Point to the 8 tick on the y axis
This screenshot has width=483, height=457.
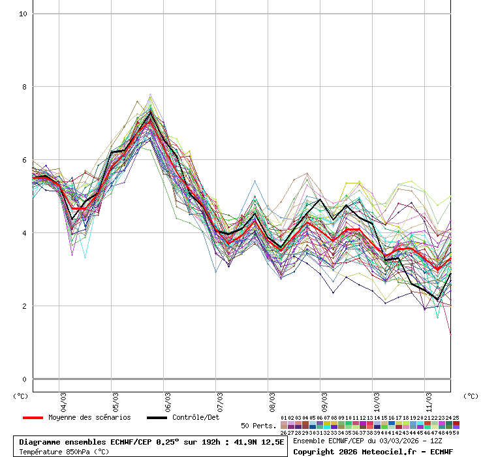click(x=24, y=87)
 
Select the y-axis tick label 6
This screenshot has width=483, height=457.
click(x=24, y=160)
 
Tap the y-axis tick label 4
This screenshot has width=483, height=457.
click(x=24, y=233)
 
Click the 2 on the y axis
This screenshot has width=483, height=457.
click(x=24, y=306)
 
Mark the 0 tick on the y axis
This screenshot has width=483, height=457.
click(x=24, y=379)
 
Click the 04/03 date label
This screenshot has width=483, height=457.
click(x=63, y=400)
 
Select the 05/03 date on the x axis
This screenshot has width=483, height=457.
click(x=116, y=400)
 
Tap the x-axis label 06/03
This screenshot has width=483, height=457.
click(x=168, y=400)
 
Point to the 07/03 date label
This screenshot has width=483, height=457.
click(x=220, y=400)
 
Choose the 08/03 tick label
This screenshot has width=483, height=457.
click(x=272, y=400)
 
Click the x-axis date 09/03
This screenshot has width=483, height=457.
click(x=324, y=400)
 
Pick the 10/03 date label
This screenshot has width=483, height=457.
click(x=377, y=400)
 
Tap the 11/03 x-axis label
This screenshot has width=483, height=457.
click(x=429, y=400)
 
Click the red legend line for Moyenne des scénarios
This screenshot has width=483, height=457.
click(x=33, y=418)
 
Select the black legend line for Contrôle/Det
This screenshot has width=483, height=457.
click(x=157, y=418)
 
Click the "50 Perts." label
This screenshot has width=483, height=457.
click(x=258, y=426)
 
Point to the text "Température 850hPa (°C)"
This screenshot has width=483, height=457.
click(x=64, y=451)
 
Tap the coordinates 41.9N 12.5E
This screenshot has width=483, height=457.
click(x=256, y=442)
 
